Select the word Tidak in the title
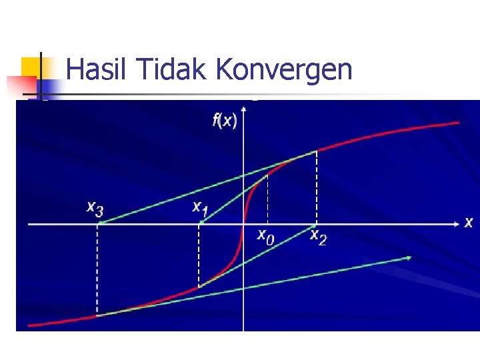coord(163,69)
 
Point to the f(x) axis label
coord(225,121)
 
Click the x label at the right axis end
coord(468,223)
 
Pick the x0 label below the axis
coord(265,237)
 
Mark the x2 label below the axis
coord(318,237)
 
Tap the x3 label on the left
coord(95,208)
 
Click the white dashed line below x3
coord(97,270)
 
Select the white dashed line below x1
coord(199,257)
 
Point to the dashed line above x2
coord(317,188)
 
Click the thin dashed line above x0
coord(267,199)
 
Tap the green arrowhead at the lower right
coord(408,257)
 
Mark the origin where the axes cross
coord(243,224)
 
